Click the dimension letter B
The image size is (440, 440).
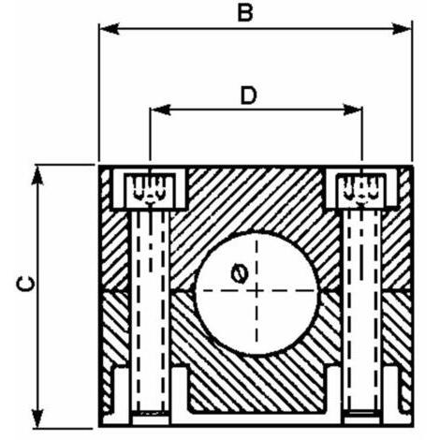(245, 13)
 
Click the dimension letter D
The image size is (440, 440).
(248, 95)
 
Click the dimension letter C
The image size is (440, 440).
(26, 284)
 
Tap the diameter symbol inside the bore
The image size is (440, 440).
(240, 273)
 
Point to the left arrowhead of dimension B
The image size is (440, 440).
(110, 29)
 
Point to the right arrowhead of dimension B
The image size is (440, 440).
(402, 29)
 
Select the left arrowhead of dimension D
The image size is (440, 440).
(160, 110)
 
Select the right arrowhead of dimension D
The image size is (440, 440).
(352, 110)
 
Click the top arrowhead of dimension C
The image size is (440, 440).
(38, 176)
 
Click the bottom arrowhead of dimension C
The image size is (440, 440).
(38, 418)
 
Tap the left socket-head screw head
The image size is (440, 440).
(150, 189)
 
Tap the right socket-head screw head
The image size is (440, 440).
(362, 189)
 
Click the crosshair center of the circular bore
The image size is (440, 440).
(257, 291)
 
